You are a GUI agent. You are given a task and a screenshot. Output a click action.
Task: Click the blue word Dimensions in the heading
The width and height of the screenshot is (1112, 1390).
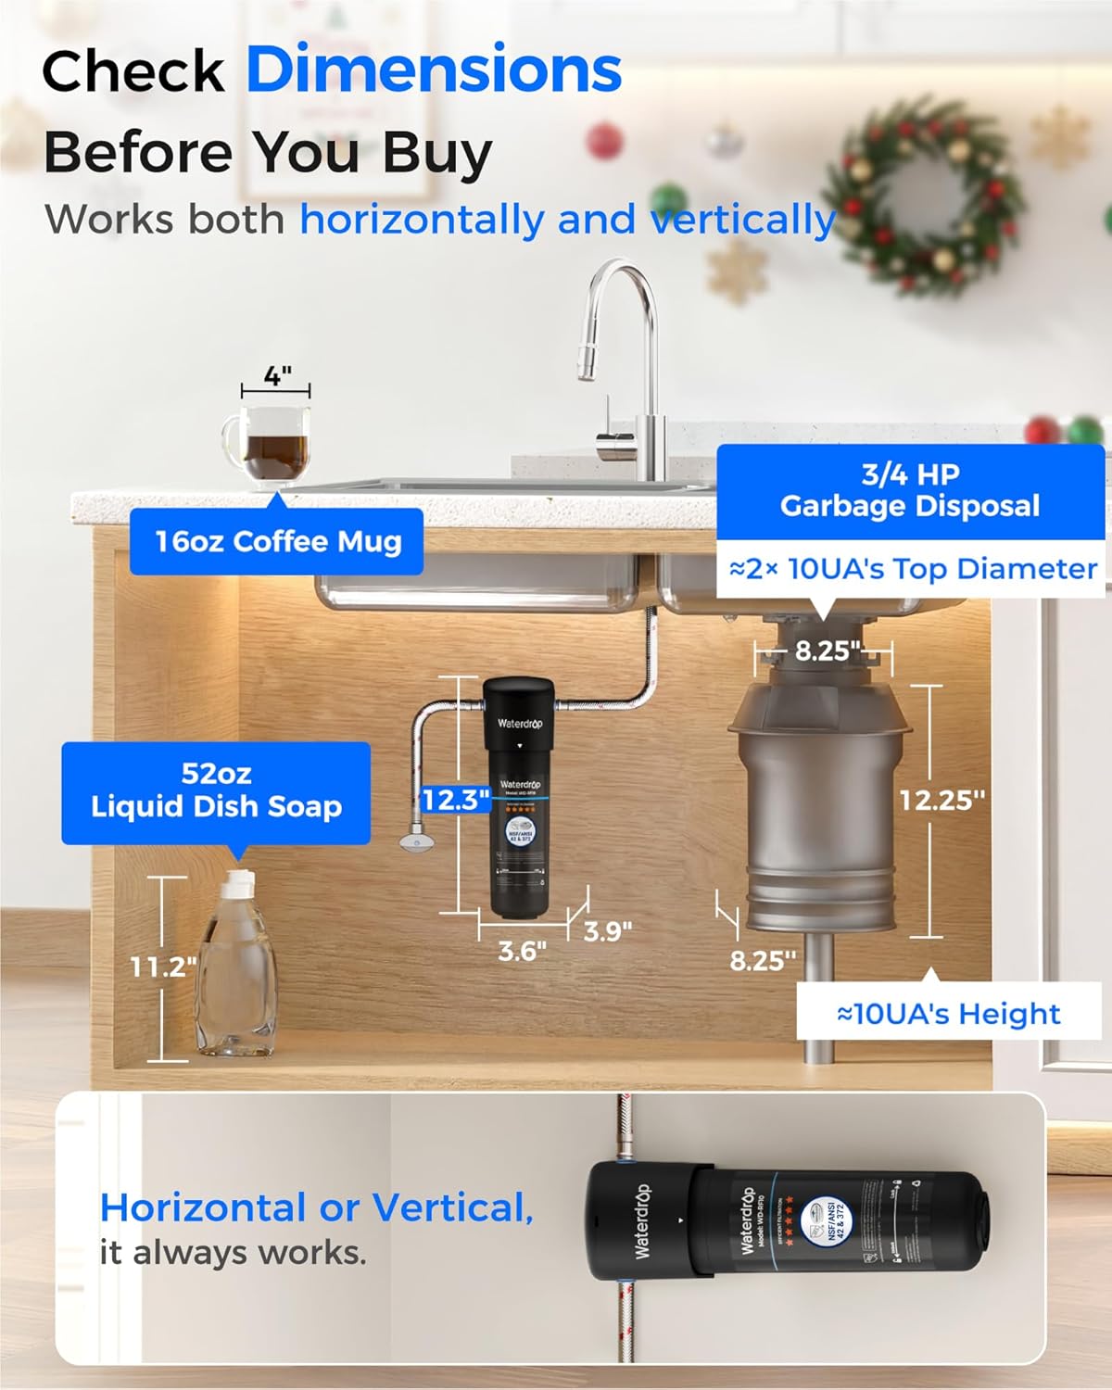434,70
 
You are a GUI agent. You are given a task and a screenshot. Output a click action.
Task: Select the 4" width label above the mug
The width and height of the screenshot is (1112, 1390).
276,376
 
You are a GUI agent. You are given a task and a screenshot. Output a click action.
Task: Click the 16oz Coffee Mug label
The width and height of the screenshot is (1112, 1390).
277,541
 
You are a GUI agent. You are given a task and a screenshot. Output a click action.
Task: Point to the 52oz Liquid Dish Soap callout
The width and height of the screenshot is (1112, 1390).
216,790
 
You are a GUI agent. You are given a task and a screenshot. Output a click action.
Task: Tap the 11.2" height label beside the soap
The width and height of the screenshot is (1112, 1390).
162,967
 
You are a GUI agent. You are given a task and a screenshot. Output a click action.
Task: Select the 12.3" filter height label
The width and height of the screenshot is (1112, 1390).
455,800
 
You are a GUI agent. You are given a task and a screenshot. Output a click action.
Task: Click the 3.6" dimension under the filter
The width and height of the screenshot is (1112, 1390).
522,951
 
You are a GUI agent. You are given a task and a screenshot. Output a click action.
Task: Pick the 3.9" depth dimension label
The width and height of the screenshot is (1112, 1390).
608,930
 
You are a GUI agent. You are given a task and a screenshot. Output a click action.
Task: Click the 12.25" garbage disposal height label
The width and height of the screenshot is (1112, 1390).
941,800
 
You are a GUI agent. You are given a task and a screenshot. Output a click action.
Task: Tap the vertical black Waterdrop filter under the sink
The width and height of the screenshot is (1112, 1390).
522,797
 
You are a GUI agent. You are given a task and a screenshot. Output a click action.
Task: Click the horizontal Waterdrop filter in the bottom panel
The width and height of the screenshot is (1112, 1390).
788,1220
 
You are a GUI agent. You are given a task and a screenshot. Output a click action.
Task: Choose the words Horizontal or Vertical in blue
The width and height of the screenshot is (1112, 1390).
316,1207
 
